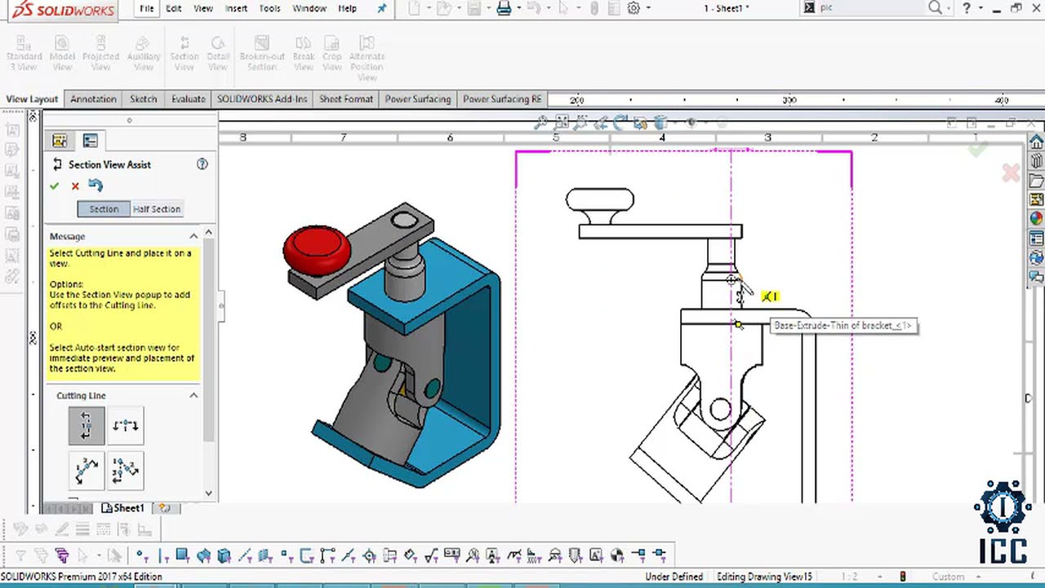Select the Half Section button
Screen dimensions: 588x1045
(157, 209)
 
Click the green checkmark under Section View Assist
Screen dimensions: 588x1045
(55, 186)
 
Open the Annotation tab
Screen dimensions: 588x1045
(93, 99)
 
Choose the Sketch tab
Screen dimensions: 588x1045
(143, 99)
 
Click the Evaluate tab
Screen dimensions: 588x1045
(188, 99)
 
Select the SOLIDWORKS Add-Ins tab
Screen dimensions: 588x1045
(262, 99)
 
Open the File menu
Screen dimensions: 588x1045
(146, 8)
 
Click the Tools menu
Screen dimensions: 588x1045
(269, 8)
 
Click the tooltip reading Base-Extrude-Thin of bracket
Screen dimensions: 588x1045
(843, 326)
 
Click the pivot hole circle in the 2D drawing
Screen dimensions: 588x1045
(720, 410)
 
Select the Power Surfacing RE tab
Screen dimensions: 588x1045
(502, 99)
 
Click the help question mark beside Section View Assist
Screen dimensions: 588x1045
(202, 164)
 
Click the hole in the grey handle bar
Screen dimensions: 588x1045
(402, 220)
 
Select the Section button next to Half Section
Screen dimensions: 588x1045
(104, 209)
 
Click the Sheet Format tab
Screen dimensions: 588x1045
(345, 99)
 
